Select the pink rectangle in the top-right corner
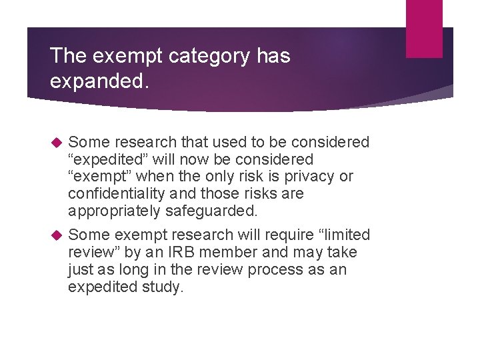[x=424, y=29]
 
